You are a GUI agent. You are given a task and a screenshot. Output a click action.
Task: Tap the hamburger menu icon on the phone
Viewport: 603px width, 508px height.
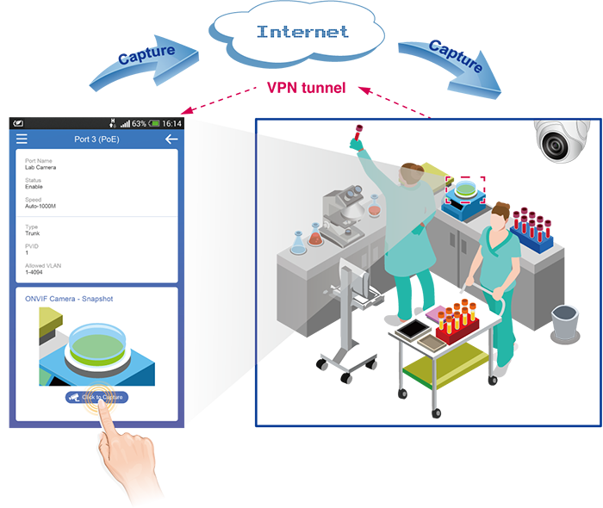[x=22, y=139]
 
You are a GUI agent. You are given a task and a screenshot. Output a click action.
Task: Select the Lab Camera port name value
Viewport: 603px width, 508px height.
[x=40, y=167]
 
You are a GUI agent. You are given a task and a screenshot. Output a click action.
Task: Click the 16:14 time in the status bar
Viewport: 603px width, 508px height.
[x=172, y=124]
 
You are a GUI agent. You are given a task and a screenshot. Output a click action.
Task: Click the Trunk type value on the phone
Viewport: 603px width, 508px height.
[x=33, y=233]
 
